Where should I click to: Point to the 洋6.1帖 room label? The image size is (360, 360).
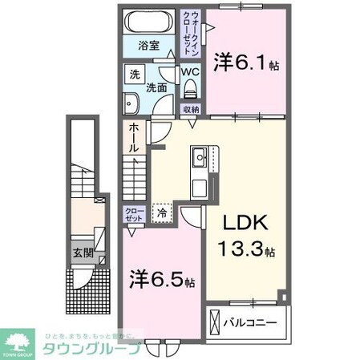point(246,63)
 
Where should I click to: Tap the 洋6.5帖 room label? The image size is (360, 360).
point(161,281)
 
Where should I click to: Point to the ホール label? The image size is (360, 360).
point(132,139)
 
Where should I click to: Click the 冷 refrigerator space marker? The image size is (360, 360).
point(163,213)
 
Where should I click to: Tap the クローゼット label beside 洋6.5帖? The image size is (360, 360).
point(133,214)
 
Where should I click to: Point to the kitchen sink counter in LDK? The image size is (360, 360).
point(198,172)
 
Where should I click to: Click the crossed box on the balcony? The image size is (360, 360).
point(214,323)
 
